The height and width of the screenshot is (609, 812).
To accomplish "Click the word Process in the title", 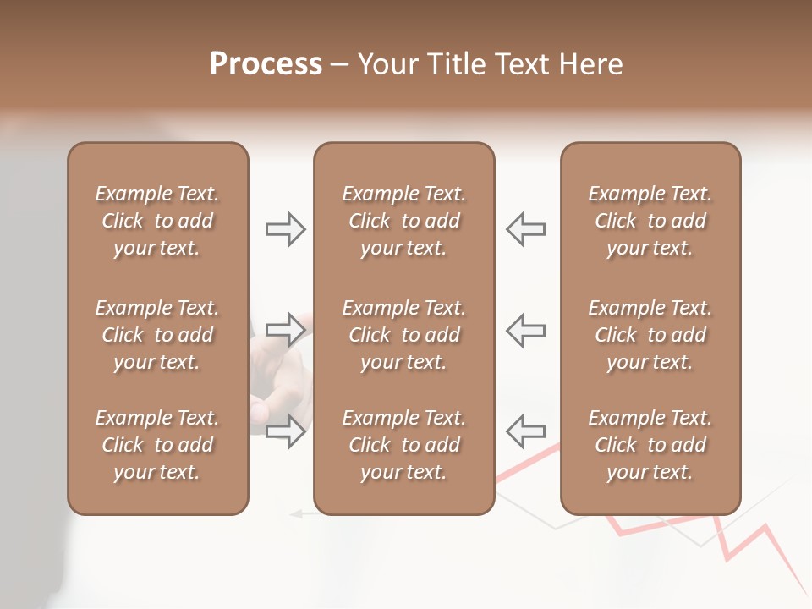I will (x=266, y=64).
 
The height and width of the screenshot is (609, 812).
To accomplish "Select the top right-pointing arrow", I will (x=286, y=229).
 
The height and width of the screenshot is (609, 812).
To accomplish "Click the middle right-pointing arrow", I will (x=286, y=330).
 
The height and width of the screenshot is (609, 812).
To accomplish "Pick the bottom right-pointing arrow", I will (x=286, y=431).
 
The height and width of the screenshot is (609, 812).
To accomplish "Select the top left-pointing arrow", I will (x=525, y=229).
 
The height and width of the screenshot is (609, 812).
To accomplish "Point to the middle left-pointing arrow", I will (x=525, y=330).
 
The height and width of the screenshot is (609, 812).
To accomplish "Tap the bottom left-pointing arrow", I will (x=525, y=431).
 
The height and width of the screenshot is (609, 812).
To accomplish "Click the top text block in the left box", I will (x=157, y=221).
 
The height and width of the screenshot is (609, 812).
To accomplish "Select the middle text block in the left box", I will (x=157, y=335).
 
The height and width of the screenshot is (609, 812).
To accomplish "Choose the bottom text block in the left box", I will (x=157, y=445).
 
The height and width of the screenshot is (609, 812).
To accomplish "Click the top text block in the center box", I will (x=403, y=221).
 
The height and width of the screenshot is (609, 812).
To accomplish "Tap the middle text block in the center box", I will (x=403, y=335).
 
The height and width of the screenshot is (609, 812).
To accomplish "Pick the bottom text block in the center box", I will (x=403, y=445).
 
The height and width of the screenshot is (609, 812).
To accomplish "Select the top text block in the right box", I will (x=650, y=221).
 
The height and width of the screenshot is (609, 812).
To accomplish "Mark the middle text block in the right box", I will (x=650, y=335).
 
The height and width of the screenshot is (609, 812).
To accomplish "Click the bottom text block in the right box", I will (x=650, y=445).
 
